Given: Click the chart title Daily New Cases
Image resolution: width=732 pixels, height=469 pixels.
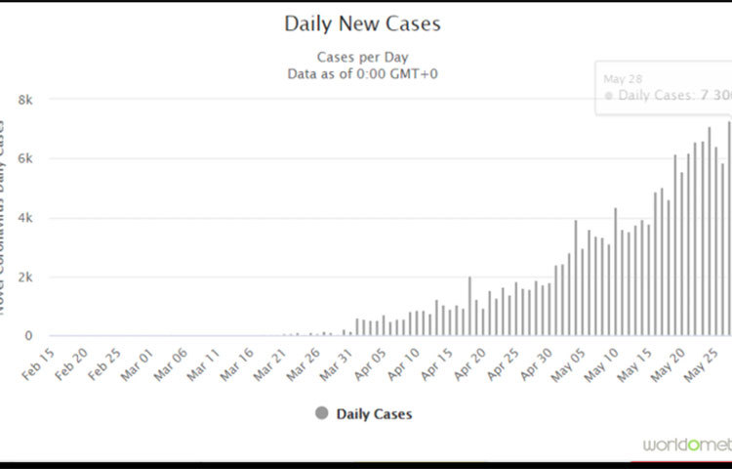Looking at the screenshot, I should click(x=362, y=22).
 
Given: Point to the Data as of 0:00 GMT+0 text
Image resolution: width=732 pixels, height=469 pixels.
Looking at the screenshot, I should click(x=362, y=73).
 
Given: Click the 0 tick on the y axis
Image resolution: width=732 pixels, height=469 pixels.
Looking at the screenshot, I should click(x=29, y=335).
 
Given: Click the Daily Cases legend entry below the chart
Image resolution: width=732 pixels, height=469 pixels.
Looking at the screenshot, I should click(x=374, y=413).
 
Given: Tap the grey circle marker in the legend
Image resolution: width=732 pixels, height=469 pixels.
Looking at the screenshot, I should click(x=322, y=413).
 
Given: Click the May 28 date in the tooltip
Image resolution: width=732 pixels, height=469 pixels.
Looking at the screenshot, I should click(x=615, y=76).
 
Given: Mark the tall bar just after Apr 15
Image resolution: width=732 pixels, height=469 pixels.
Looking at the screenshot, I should click(x=469, y=306).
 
